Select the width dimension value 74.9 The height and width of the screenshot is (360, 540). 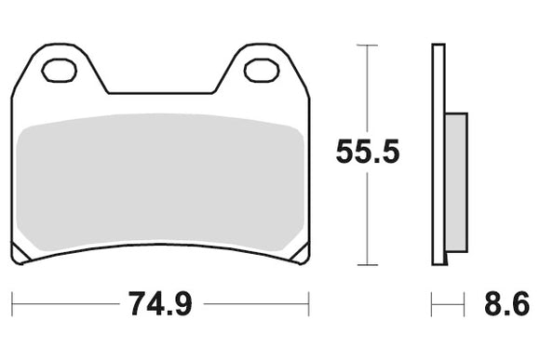pos(161,303)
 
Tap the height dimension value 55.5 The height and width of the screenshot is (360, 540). pos(368,153)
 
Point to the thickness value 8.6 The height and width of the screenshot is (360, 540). pos(506,303)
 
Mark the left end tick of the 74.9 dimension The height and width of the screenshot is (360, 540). pos(12,302)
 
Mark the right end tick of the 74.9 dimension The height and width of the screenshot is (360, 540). pos(308,302)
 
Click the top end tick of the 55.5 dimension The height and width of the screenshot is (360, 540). pos(368,44)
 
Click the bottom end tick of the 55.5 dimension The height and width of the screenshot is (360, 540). pos(368,263)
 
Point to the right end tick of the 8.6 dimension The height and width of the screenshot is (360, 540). pos(464,302)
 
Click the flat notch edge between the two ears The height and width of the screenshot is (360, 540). pos(160,93)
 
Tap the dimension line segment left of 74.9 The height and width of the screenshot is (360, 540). pos(65,302)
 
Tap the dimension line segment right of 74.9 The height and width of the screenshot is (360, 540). pos(256,302)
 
